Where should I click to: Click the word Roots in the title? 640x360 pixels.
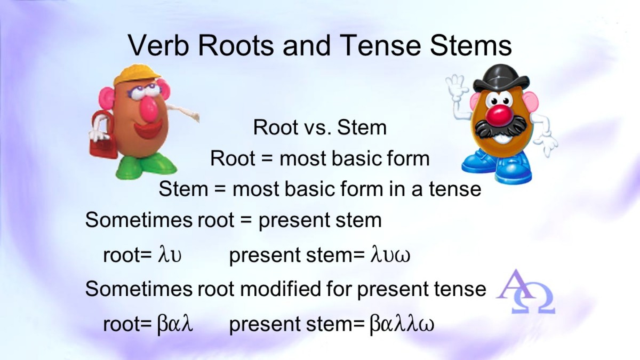235,45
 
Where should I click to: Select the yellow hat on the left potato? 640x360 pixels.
137,74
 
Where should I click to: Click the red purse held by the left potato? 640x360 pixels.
102,134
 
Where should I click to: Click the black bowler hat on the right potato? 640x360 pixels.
502,78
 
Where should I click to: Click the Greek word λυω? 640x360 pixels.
390,255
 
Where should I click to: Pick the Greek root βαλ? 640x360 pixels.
175,324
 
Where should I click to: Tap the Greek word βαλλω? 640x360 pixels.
402,324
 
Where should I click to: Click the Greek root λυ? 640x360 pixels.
170,255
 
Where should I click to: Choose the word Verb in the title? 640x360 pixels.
158,45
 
